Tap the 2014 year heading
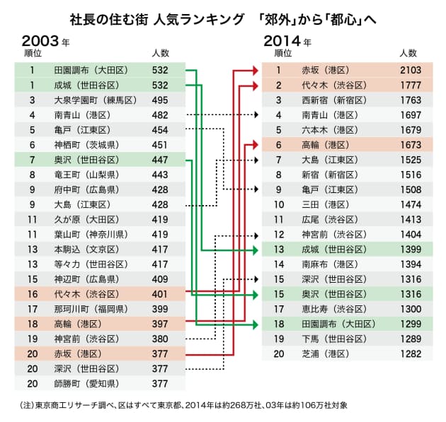coord(286,40)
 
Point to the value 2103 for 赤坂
coord(410,70)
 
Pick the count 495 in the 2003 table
coord(159,100)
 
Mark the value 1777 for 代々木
coord(410,85)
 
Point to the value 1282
coord(410,353)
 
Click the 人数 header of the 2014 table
coord(408,53)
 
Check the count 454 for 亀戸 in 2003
coord(159,129)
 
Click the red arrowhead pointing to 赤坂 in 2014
coord(257,70)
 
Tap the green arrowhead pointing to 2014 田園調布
coord(257,324)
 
